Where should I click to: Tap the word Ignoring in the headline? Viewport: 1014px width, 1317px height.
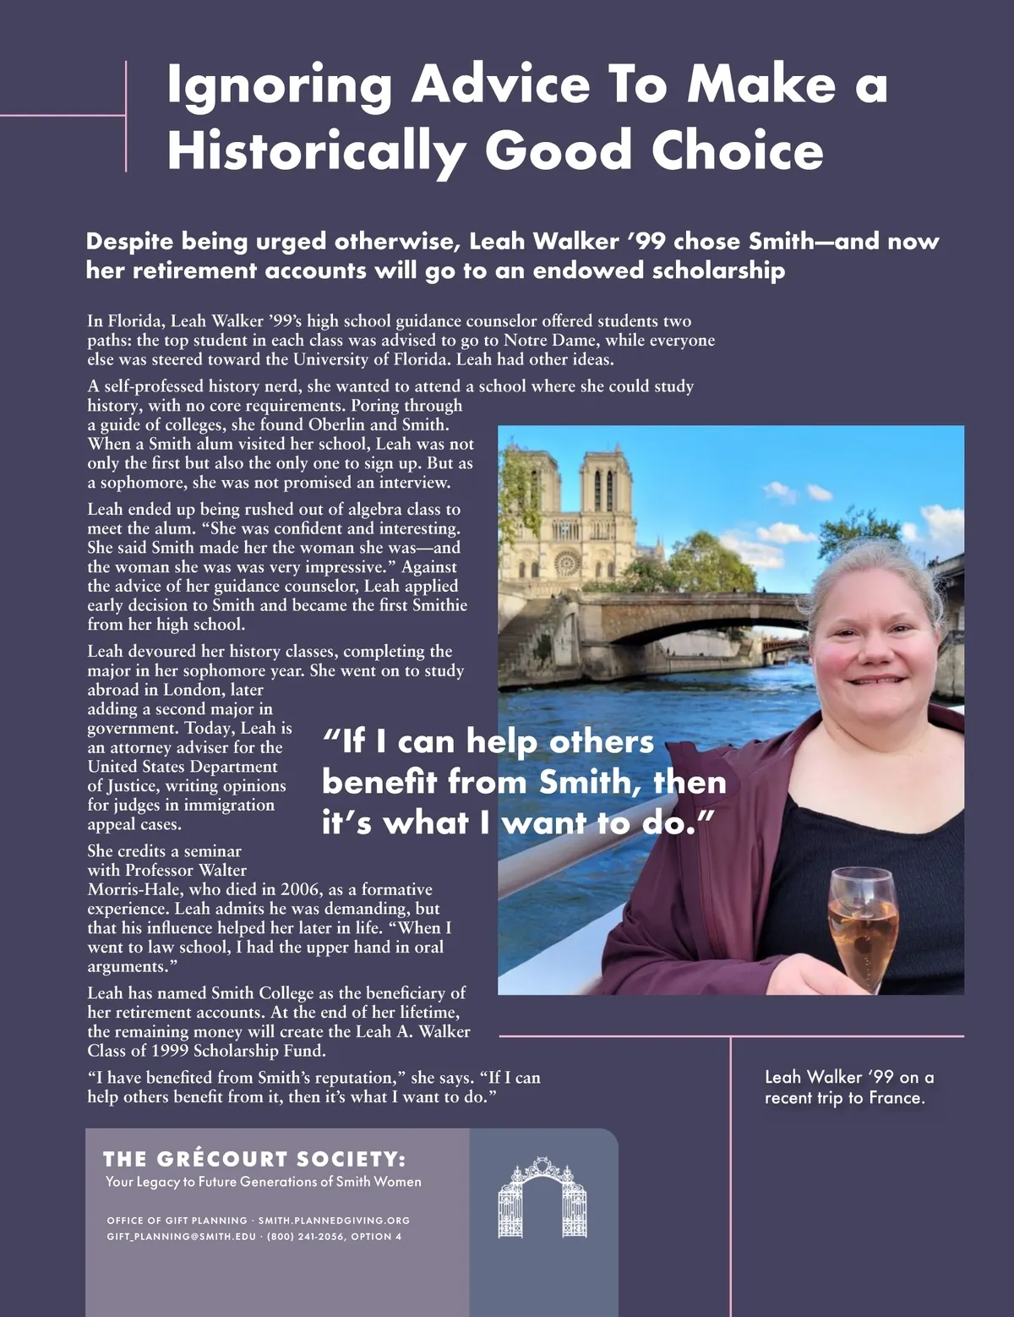tap(280, 86)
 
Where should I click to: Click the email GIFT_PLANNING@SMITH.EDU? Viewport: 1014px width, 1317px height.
tap(181, 1237)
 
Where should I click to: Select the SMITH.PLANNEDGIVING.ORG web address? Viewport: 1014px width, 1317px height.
tap(334, 1221)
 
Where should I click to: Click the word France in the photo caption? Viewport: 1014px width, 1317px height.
tap(901, 1098)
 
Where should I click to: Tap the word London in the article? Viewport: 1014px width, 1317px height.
tap(196, 690)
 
